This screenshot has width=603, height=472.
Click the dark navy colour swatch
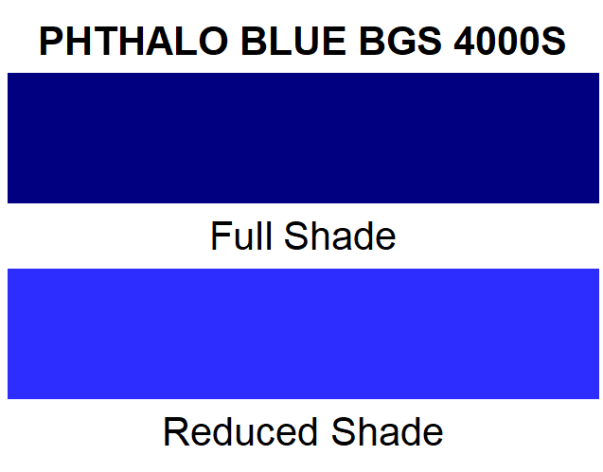coord(303,138)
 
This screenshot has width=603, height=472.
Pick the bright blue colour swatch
coord(303,334)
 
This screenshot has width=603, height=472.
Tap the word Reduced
coord(239,431)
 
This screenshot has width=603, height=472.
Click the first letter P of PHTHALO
coord(52,42)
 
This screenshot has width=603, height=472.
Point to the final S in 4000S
coord(554,42)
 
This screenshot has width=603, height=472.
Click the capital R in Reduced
coord(175,431)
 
